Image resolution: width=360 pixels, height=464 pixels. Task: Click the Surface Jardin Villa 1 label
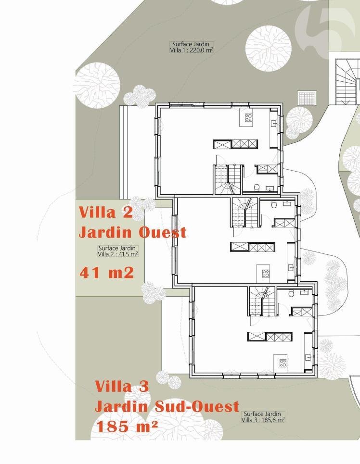coord(192,47)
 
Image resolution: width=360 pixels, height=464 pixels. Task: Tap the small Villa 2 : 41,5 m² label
coord(118,254)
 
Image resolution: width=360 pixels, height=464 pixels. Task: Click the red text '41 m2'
coord(106,273)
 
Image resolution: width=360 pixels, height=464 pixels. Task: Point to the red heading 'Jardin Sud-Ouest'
coord(167,406)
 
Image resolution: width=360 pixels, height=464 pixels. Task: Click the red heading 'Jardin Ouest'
coord(132,233)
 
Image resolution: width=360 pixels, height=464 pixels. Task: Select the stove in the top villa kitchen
coord(249,117)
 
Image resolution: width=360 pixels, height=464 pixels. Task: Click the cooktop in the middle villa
coord(266,273)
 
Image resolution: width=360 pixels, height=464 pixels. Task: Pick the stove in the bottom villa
coord(283,363)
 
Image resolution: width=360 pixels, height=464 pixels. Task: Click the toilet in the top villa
coord(257,187)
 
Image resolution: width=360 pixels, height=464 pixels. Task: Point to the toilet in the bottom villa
coord(291,295)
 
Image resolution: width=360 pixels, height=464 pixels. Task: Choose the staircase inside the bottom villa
coord(262,301)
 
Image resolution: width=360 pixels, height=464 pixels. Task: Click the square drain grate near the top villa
coord(306,98)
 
